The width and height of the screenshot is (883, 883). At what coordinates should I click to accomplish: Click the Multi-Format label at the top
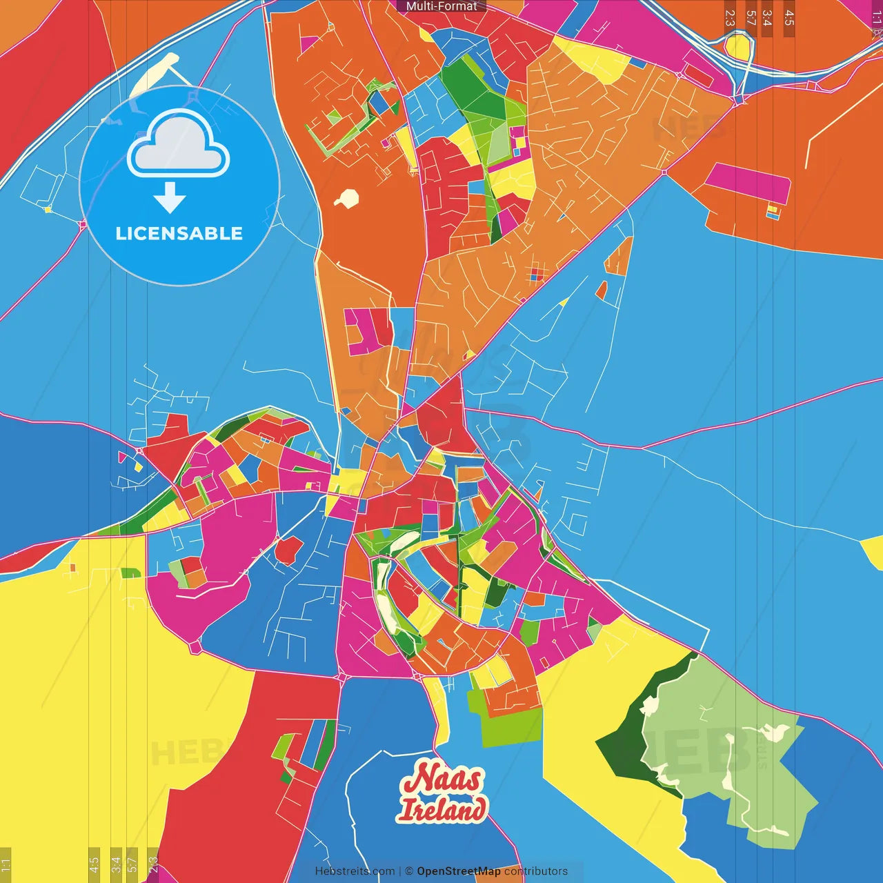pos(441,6)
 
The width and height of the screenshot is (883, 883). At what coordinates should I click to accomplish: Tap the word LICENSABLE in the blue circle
pos(179,233)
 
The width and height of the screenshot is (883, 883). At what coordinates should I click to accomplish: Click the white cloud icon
pos(179,145)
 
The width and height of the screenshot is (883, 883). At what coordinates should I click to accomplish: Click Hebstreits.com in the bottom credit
pos(355,871)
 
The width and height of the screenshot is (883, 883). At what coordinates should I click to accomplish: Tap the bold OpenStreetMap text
pos(458,871)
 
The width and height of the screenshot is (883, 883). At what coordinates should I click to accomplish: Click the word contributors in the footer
pos(536,871)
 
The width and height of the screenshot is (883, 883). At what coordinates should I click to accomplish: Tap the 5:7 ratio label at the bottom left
pos(132,864)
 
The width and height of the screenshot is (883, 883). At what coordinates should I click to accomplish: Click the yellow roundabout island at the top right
pos(737,47)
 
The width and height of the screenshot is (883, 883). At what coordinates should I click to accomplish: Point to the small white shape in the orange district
pos(347,199)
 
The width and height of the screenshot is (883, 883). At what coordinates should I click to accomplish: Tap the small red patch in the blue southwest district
pos(288,550)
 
